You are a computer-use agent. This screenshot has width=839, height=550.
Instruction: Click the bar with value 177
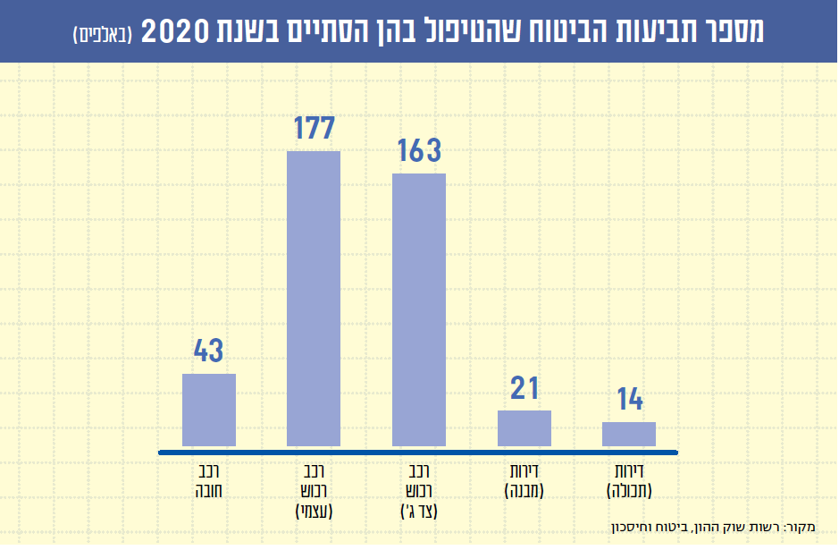pos(314,299)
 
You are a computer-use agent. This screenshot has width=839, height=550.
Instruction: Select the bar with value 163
pos(419,309)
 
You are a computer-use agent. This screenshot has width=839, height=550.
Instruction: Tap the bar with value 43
pos(209,410)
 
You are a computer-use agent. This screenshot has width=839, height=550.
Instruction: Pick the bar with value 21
pos(524,428)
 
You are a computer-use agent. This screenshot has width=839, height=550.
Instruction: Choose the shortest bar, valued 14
pos(629,434)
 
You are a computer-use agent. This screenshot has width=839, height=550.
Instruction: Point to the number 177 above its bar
pos(314,129)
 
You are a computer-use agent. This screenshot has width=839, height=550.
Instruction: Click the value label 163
pos(419,150)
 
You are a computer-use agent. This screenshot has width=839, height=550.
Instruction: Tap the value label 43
pos(208,351)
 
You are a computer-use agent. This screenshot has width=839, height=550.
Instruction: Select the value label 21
pos(524,388)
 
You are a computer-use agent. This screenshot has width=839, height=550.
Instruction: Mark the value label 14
pos(629,400)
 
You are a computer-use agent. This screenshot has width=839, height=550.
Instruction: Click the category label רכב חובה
pos(209,479)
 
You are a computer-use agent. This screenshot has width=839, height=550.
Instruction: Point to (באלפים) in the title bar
pos(102,34)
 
